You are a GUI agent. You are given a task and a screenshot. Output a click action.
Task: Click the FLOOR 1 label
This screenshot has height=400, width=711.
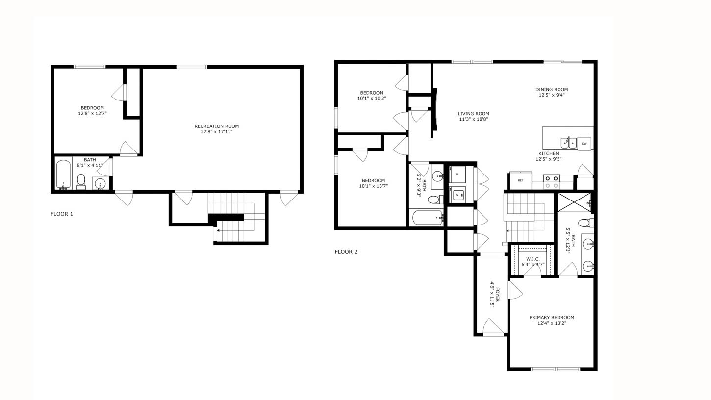coord(62,214)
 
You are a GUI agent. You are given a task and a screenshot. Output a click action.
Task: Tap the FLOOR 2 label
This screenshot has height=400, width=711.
coord(346,252)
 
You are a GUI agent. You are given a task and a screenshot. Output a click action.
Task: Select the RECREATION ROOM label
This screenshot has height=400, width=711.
coord(217,126)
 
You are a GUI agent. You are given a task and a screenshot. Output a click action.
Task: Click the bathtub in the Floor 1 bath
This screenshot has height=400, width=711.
coord(63,175)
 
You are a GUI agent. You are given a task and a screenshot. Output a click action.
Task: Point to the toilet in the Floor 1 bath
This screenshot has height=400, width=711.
coord(81,180)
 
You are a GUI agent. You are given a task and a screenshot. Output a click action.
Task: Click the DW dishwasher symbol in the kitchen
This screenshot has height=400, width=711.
coord(584,144)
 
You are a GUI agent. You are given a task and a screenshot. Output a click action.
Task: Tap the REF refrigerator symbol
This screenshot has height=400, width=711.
coord(520,180)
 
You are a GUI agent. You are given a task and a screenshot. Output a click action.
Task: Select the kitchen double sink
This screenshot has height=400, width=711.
coord(569,143)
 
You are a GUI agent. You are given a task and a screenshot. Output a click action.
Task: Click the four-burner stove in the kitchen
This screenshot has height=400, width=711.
coord(552,182)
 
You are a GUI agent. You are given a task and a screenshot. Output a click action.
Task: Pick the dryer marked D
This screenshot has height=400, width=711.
coord(457,174)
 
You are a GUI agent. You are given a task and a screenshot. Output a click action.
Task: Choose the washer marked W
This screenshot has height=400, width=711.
coord(457,195)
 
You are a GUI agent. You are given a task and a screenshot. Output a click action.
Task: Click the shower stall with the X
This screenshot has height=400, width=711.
coord(574,202)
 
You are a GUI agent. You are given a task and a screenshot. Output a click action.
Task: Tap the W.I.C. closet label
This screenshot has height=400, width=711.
coord(533,259)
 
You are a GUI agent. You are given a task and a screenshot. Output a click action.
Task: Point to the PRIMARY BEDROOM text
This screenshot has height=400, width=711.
coord(552,317)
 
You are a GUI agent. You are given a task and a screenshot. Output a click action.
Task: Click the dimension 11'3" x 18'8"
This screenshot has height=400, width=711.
coord(474,119)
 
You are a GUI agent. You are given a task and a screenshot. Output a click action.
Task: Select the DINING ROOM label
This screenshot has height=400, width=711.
coord(552,90)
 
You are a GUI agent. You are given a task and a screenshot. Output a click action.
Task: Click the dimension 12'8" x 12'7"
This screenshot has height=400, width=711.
coord(92,113)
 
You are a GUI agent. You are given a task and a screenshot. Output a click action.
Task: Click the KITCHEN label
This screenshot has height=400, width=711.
coord(549,153)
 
